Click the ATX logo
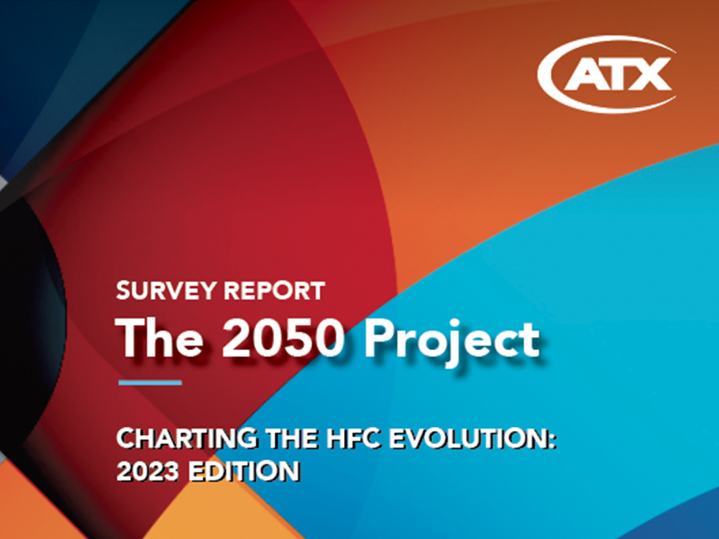click(x=606, y=73)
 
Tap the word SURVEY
click(x=166, y=291)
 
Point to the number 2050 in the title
click(x=283, y=338)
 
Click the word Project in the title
click(x=452, y=342)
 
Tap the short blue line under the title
click(x=150, y=383)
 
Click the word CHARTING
click(x=186, y=438)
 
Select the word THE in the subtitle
click(x=291, y=438)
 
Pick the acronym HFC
click(x=353, y=438)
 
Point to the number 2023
click(x=147, y=471)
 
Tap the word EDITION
click(x=244, y=471)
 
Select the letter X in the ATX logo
click(x=651, y=74)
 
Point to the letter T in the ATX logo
click(x=617, y=74)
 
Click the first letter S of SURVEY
click(x=124, y=291)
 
